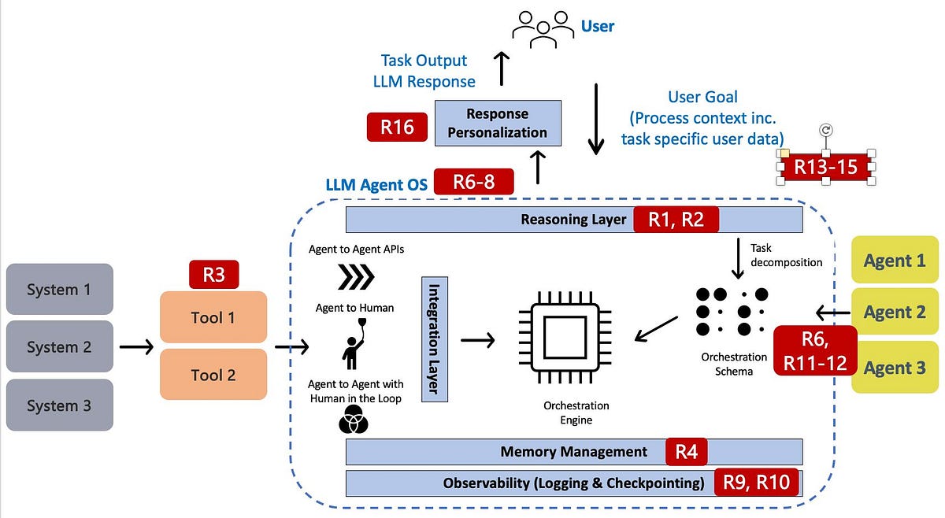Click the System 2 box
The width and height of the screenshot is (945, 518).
(59, 346)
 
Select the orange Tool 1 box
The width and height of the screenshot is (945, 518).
(213, 317)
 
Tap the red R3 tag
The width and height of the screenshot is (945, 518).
(213, 275)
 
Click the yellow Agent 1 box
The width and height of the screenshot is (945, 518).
(895, 261)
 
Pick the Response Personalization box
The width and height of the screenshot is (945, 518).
(498, 123)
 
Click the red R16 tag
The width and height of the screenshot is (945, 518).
(397, 127)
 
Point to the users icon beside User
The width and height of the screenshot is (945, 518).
(543, 26)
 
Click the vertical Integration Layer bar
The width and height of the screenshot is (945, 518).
(434, 339)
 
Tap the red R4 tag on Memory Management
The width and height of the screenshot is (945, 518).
(686, 452)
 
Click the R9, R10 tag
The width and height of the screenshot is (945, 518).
(756, 483)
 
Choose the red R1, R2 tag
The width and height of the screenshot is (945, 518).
(676, 220)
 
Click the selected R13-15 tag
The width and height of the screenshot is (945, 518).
(825, 167)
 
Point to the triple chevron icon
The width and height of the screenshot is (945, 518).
(355, 277)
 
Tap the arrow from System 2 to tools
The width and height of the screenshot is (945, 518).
(135, 346)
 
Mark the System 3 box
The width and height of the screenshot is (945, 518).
(59, 405)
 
